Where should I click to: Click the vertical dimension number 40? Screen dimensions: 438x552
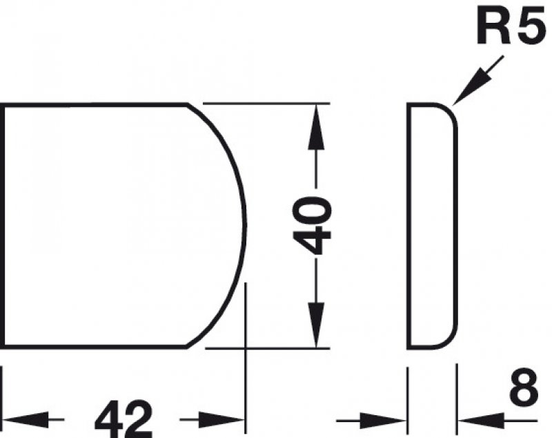313,225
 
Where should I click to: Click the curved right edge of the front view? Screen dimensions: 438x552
244,225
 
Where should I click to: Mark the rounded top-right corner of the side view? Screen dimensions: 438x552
450,112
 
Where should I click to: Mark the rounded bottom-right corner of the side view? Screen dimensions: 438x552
450,339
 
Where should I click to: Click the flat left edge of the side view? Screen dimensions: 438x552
408,225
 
